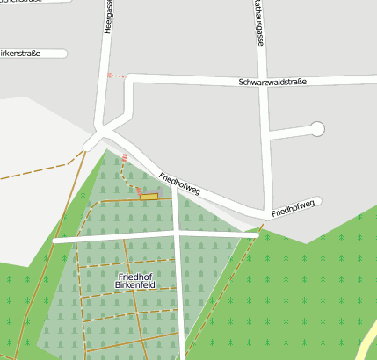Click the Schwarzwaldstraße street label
coord(272,82)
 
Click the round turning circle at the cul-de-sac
coord(317,129)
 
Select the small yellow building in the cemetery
coord(149,197)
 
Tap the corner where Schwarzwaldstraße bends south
coord(129,80)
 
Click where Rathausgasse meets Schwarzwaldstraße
coord(263,81)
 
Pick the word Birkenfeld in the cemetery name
coord(135,286)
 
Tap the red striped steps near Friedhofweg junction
coord(126,158)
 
